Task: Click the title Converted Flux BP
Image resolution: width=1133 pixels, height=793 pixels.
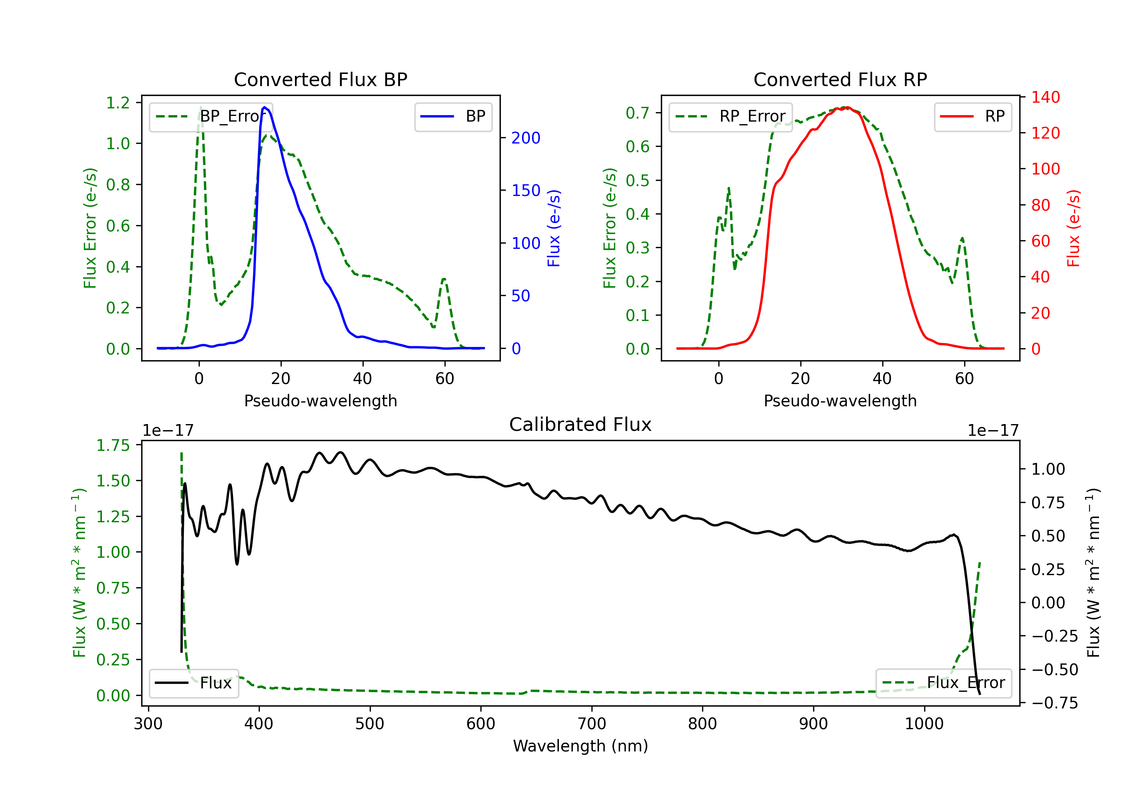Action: pyautogui.click(x=320, y=79)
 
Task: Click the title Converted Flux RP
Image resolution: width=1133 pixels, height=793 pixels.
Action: pyautogui.click(x=840, y=79)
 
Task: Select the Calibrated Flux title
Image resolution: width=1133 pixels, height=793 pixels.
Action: pyautogui.click(x=580, y=424)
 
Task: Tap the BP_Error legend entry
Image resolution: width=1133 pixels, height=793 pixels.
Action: pyautogui.click(x=211, y=116)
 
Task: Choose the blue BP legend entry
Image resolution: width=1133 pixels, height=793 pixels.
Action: pyautogui.click(x=453, y=116)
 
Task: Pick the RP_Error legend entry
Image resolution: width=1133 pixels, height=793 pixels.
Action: pyautogui.click(x=730, y=116)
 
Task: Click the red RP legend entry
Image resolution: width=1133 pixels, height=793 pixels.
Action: pyautogui.click(x=972, y=116)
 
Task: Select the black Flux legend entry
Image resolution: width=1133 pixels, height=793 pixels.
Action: pyautogui.click(x=193, y=683)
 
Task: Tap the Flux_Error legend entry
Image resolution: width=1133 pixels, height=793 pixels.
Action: pyautogui.click(x=943, y=683)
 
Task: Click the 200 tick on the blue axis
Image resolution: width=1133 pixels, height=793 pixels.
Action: pyautogui.click(x=526, y=138)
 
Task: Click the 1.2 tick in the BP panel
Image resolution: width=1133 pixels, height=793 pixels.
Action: pyautogui.click(x=118, y=103)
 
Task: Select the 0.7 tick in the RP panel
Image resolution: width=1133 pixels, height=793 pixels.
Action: pyautogui.click(x=638, y=113)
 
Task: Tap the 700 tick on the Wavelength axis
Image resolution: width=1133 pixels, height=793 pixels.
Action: pyautogui.click(x=592, y=724)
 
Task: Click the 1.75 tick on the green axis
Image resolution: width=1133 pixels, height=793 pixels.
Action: pyautogui.click(x=113, y=445)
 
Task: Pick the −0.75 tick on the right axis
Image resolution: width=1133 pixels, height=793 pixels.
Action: pyautogui.click(x=1054, y=703)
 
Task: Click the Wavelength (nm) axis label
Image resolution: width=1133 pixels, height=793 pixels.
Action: pyautogui.click(x=580, y=746)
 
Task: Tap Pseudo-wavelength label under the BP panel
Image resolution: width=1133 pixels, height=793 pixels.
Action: pyautogui.click(x=321, y=401)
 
